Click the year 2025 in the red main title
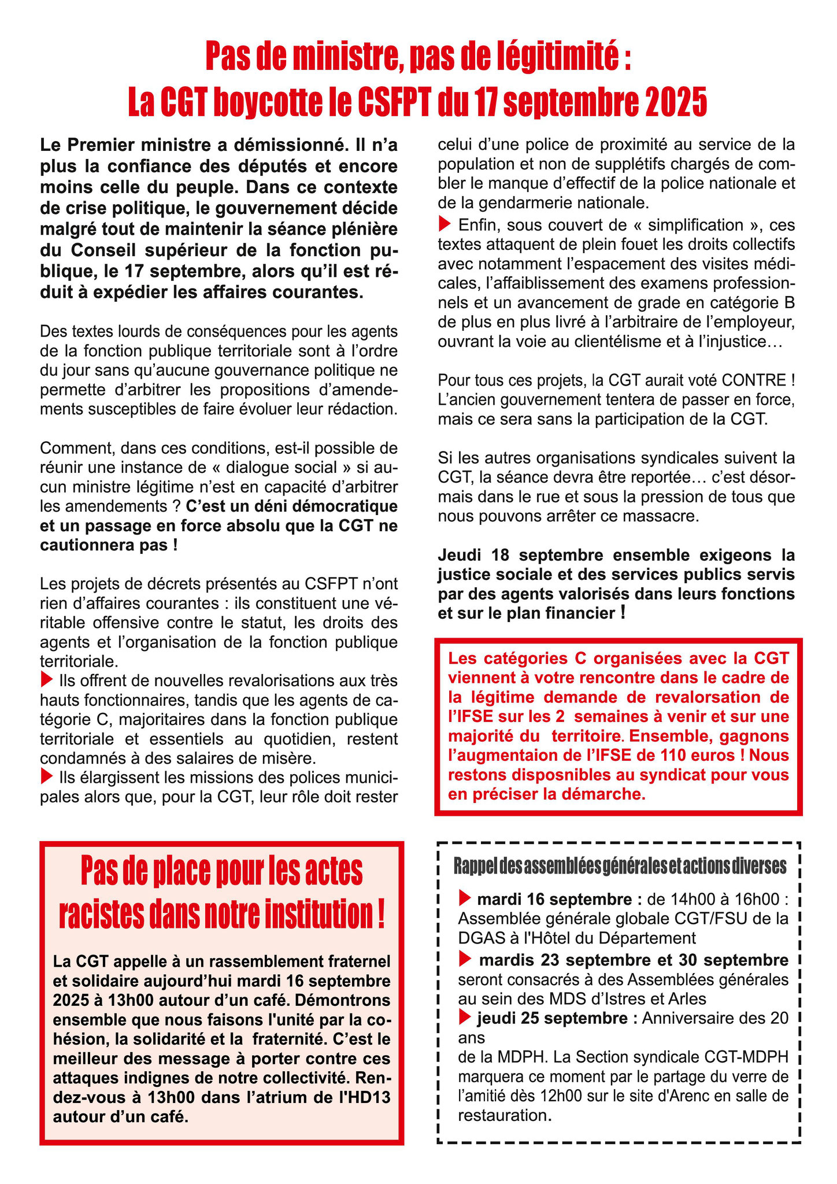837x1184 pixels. (x=675, y=102)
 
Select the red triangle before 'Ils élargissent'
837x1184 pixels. (x=47, y=776)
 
